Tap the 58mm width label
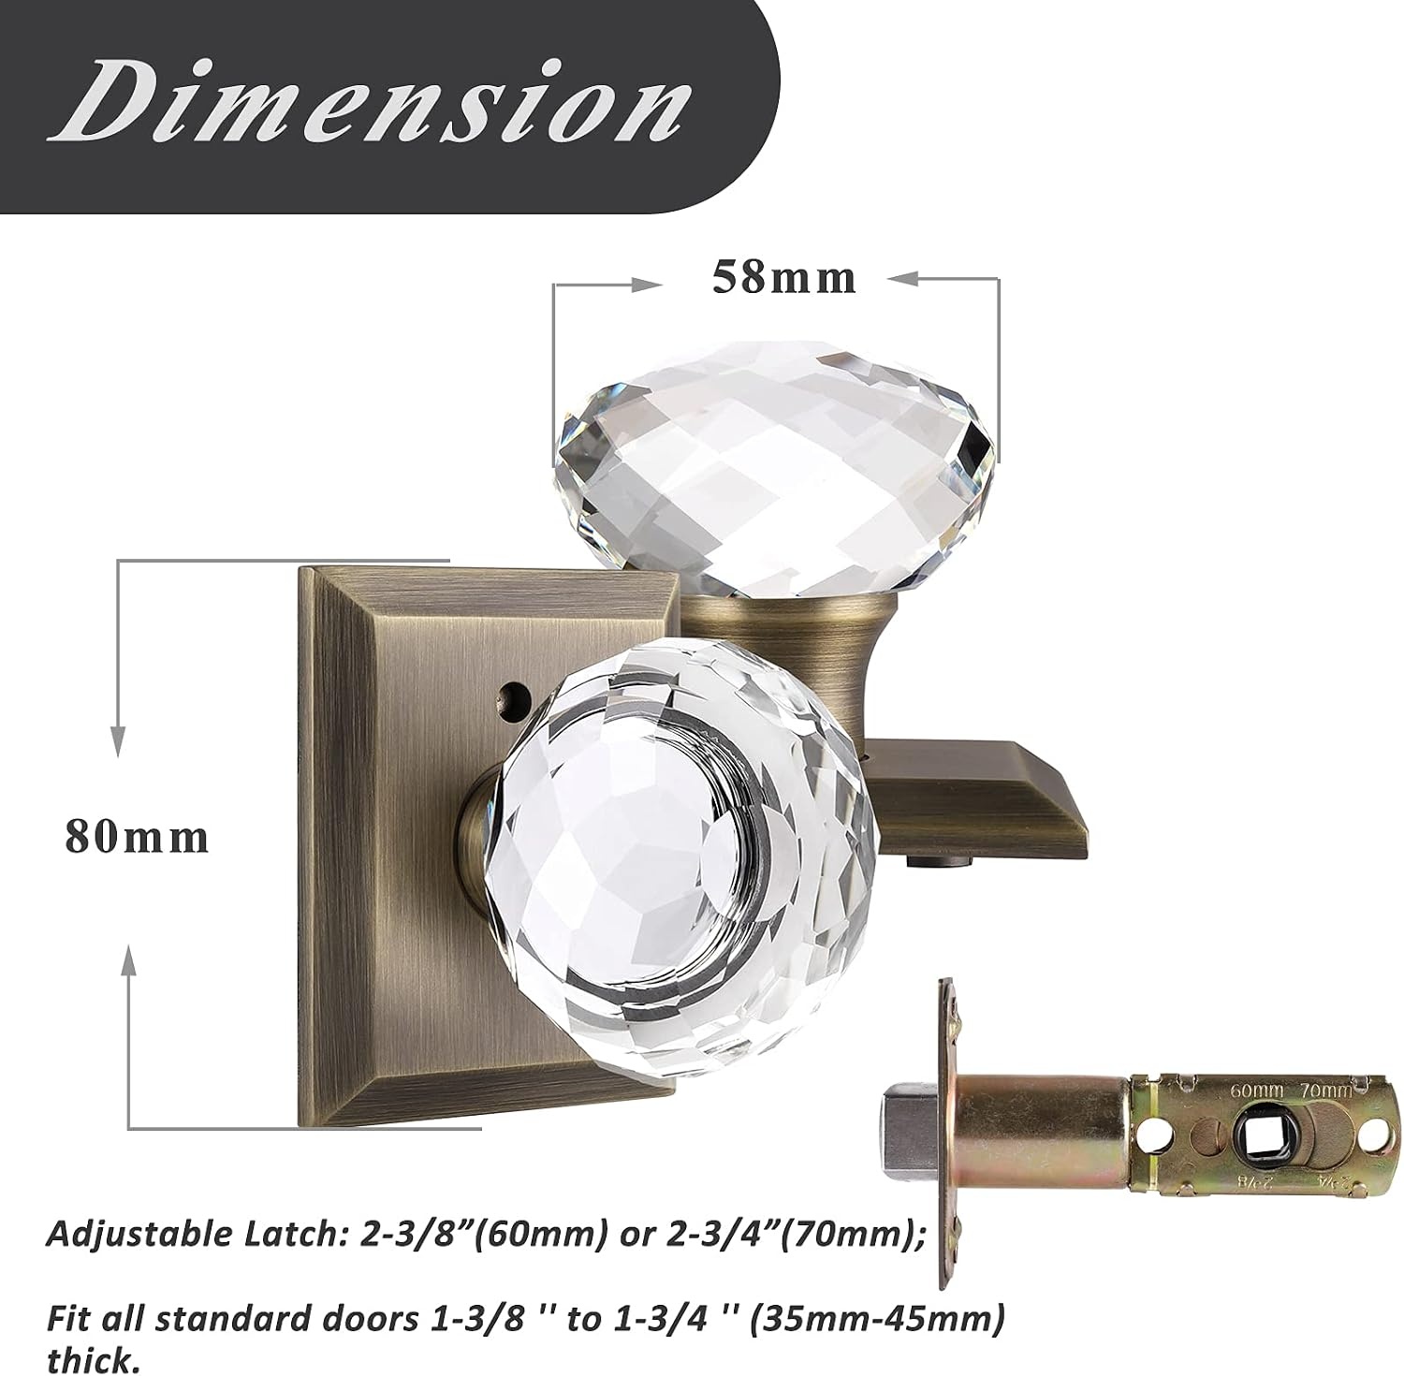[784, 277]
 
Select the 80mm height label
[137, 836]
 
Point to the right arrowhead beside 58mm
[900, 278]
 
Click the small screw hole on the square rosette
[509, 695]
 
